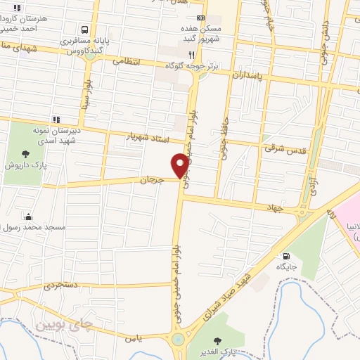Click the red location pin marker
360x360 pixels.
181,165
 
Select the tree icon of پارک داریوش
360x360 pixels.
25,153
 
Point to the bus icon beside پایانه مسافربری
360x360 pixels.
84,30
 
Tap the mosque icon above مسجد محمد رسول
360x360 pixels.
27,217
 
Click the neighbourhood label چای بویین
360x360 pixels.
63,324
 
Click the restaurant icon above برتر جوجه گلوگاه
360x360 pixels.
190,54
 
